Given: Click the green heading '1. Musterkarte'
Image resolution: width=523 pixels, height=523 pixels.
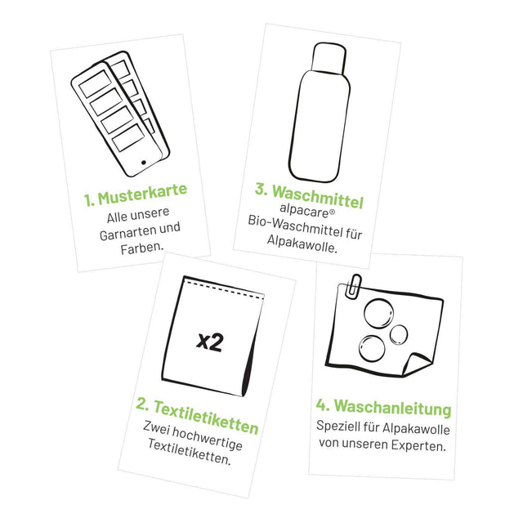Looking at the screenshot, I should [x=136, y=191].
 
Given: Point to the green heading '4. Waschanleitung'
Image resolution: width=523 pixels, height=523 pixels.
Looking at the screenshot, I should [x=382, y=406].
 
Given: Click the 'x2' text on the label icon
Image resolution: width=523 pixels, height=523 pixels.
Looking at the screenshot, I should [x=210, y=342].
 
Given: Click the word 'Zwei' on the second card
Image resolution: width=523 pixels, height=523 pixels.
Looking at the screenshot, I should [x=155, y=426].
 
